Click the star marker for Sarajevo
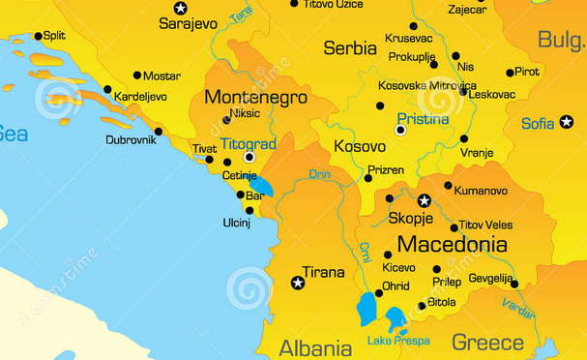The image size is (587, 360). tap(180, 8)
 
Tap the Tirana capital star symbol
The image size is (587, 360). tap(298, 283)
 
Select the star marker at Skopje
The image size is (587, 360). tap(424, 200)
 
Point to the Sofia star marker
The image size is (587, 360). tap(567, 122)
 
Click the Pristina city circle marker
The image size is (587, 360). tap(400, 130)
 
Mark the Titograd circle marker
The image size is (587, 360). tap(249, 156)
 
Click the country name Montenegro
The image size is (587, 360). tap(255, 98)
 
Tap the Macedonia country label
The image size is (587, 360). tap(452, 244)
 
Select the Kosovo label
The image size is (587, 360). tap(359, 146)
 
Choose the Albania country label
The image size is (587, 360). tap(315, 348)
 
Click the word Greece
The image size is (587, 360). tap(487, 342)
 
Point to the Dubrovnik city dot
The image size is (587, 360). tap(159, 132)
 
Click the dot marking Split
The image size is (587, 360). tap(38, 37)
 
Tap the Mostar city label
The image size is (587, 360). tap(161, 75)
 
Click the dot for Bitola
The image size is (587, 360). tap(422, 306)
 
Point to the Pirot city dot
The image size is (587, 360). tap(510, 73)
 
